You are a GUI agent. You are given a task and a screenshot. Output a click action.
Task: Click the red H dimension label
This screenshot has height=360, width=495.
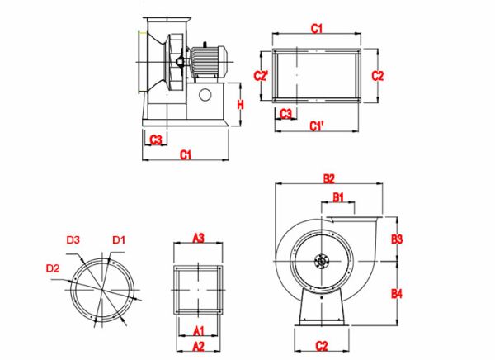click(241, 105)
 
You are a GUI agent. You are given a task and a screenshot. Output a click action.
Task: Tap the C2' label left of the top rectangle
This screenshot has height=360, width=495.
click(261, 76)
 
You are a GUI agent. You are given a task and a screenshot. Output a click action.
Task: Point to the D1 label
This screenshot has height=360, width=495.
click(119, 240)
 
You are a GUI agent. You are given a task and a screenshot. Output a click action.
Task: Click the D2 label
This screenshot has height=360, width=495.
click(53, 268)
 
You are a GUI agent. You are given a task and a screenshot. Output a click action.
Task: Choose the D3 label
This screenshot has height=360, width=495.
click(73, 240)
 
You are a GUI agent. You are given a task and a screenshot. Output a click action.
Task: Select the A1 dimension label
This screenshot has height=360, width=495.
click(198, 329)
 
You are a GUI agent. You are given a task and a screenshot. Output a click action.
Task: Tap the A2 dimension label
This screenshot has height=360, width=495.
click(198, 345)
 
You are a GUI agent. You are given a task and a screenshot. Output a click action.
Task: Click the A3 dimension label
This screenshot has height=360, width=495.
click(198, 237)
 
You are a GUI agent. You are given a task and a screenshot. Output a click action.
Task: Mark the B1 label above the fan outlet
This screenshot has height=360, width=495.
click(338, 197)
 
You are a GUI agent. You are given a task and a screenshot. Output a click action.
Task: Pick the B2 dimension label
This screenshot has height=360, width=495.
click(328, 178)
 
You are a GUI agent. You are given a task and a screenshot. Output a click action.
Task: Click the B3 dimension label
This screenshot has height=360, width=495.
click(397, 239)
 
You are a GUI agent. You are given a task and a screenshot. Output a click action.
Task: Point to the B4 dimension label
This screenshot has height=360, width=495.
click(397, 293)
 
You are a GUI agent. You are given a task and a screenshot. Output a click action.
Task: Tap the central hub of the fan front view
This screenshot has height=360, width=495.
click(321, 263)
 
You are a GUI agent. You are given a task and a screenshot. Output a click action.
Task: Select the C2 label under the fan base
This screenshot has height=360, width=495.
click(322, 344)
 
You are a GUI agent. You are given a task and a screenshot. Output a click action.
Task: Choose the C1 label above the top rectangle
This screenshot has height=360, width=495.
click(316, 29)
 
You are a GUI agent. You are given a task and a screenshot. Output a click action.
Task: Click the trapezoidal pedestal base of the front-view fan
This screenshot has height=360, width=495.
click(322, 307)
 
